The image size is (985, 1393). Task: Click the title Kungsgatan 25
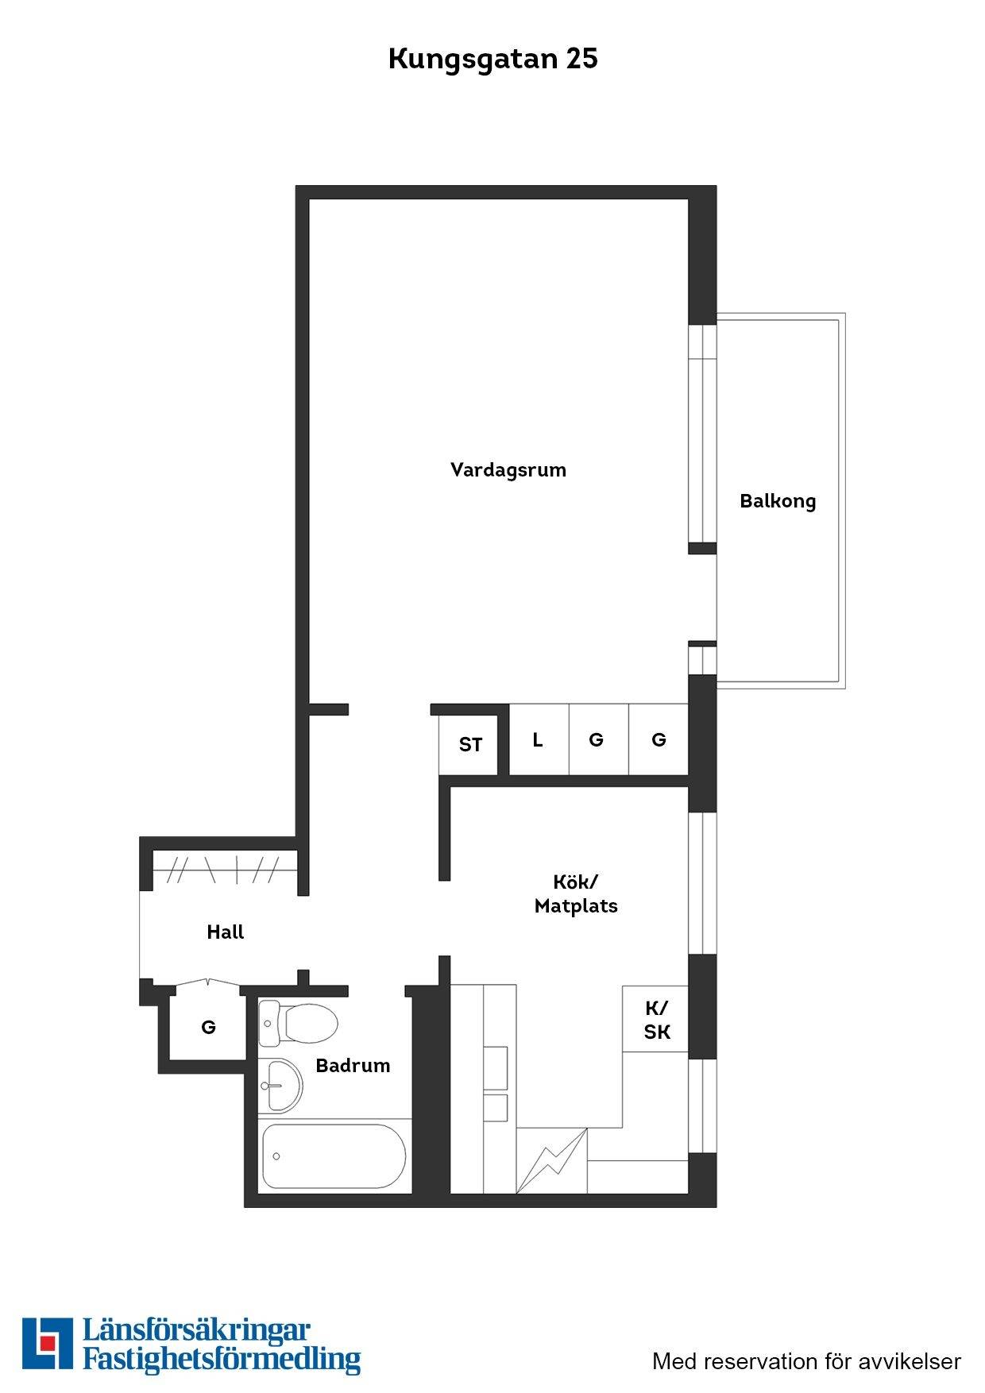[492, 60]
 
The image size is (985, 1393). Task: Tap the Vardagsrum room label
[508, 469]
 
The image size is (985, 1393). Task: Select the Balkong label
[778, 501]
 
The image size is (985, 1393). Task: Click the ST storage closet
[469, 745]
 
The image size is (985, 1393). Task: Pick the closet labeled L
[539, 739]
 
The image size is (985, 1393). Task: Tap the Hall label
[226, 932]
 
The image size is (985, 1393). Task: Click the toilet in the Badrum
[299, 1022]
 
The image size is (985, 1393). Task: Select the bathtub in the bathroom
[334, 1156]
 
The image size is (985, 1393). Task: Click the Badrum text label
[353, 1066]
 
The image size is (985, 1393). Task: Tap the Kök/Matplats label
[576, 893]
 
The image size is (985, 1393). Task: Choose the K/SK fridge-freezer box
[655, 1019]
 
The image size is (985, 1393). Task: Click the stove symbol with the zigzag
[552, 1160]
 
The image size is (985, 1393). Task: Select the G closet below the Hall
[208, 1028]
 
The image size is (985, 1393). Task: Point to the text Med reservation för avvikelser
[806, 1361]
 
